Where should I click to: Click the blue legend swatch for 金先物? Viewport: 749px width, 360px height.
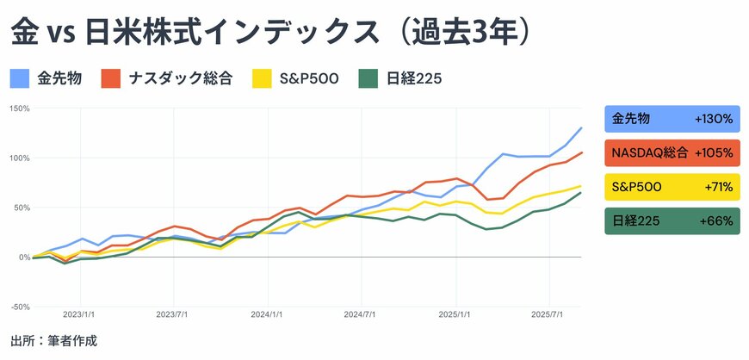pos(21,79)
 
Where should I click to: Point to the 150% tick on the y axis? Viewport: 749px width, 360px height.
pos(19,109)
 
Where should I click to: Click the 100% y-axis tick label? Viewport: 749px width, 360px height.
pos(19,158)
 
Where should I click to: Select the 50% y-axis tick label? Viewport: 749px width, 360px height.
pos(21,208)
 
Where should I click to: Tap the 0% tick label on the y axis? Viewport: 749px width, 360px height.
pos(23,258)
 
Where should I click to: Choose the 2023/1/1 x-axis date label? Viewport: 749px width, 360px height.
pos(80,316)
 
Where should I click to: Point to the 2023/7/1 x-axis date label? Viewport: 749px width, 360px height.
pos(174,316)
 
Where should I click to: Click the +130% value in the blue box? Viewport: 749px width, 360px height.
pos(713,119)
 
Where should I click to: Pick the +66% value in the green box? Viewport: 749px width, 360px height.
pos(716,221)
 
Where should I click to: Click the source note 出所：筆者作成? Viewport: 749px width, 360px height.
pos(53,342)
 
